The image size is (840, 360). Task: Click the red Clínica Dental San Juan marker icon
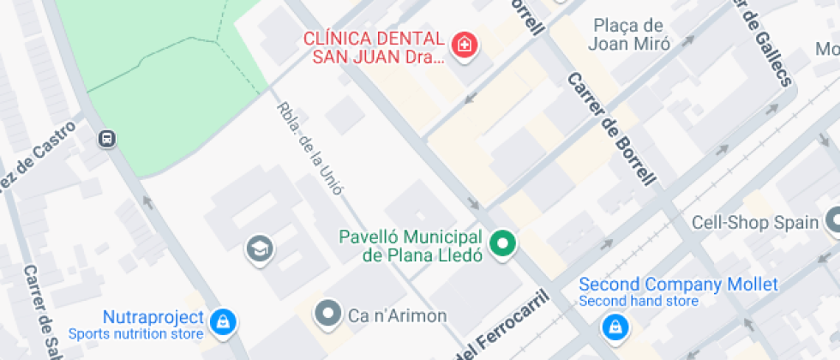click(x=465, y=44)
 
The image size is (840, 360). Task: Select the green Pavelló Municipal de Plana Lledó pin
click(x=505, y=244)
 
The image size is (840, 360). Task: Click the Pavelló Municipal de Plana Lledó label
click(x=412, y=245)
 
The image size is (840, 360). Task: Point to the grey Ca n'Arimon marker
click(x=328, y=315)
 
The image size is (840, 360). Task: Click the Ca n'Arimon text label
click(x=397, y=315)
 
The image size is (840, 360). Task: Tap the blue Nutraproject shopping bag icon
click(x=223, y=322)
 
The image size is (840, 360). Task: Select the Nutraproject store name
click(x=153, y=317)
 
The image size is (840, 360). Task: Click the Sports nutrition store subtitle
click(x=136, y=333)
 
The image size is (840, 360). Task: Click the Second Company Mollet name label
click(x=678, y=284)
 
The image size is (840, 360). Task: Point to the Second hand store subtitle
click(x=638, y=301)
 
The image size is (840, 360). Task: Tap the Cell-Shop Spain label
click(x=755, y=223)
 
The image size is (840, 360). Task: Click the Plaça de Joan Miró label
click(x=628, y=35)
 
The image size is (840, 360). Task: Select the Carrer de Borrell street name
click(x=611, y=129)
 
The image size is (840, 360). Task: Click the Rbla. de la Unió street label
click(x=309, y=148)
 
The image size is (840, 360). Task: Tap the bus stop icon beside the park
click(x=107, y=139)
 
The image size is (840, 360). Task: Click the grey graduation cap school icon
click(x=256, y=249)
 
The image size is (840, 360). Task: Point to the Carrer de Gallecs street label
click(x=764, y=43)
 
